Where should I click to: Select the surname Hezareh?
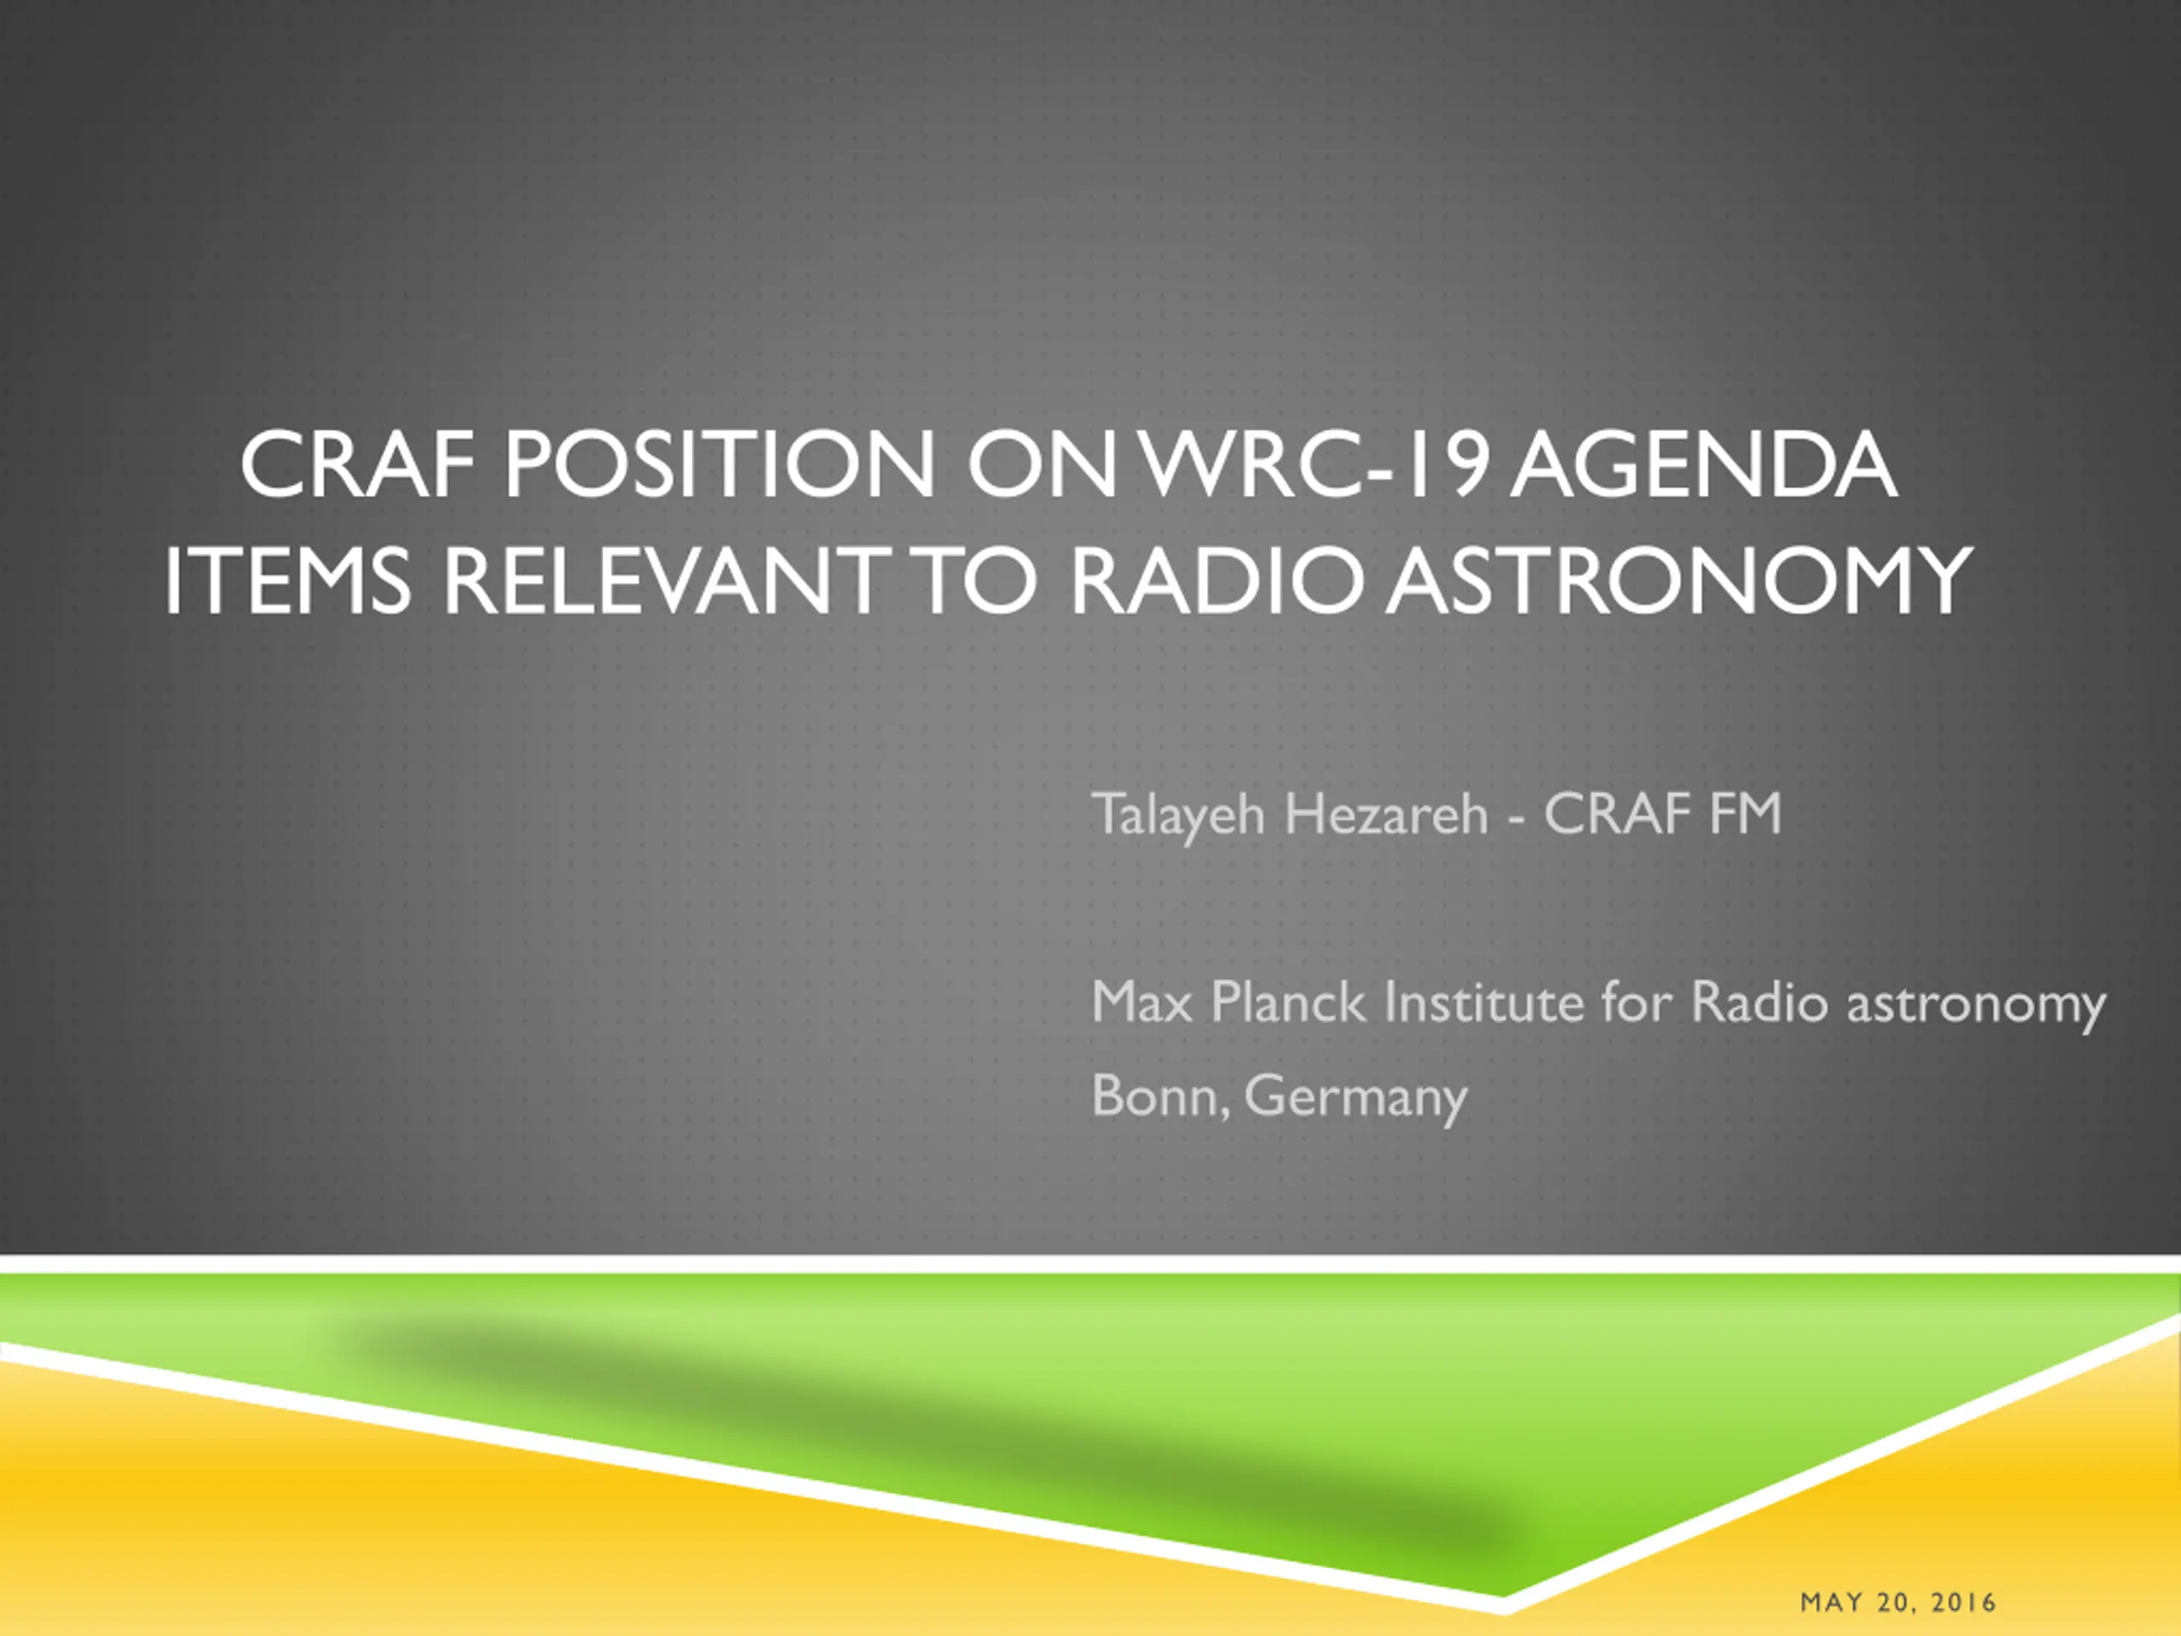[x=1386, y=815]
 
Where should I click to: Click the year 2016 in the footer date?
[x=1964, y=1604]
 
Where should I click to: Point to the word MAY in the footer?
[x=1832, y=1604]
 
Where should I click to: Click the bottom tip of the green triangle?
[x=1503, y=1594]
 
